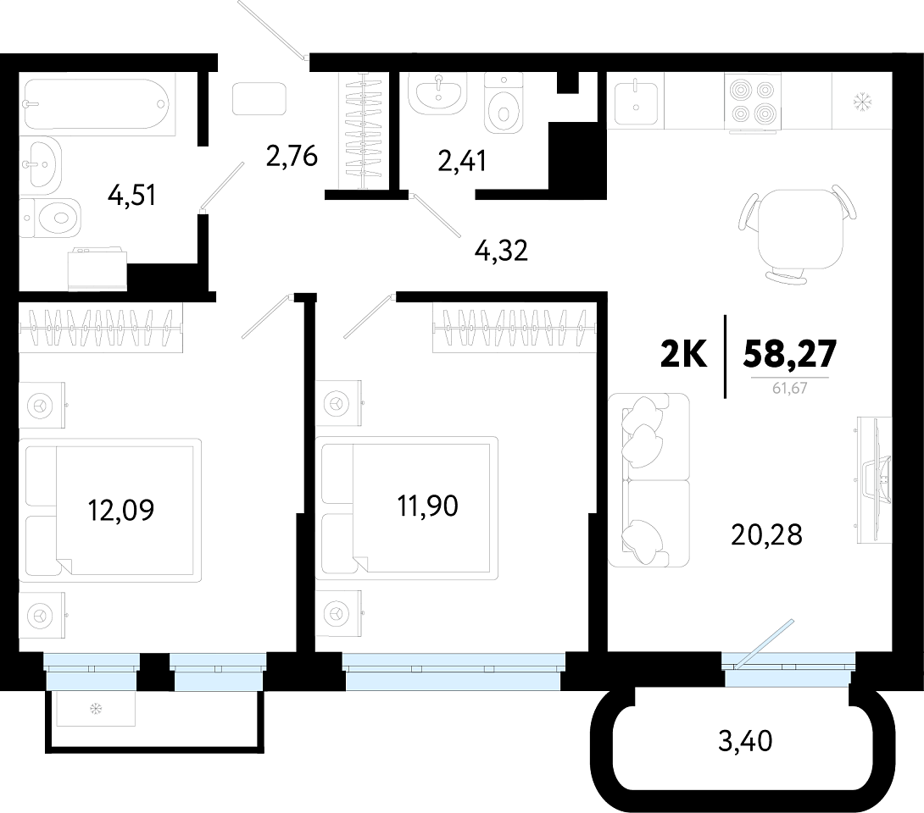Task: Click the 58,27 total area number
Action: [790, 354]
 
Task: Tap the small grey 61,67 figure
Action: [790, 389]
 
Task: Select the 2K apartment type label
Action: [683, 354]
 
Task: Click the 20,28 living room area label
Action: [766, 535]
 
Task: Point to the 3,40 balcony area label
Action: [745, 740]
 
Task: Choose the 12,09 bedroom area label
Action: [121, 510]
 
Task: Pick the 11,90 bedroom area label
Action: [428, 506]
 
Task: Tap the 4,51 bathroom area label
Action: [132, 195]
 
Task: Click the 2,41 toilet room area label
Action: [462, 161]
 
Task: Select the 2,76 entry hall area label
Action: [292, 156]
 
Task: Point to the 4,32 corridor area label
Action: [501, 251]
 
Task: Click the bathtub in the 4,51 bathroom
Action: [97, 104]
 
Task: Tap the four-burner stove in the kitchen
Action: [752, 101]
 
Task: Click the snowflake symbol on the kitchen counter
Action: [862, 102]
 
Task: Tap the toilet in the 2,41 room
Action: [504, 103]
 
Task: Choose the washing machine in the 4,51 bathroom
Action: [97, 269]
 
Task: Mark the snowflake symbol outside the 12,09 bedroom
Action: [96, 708]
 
